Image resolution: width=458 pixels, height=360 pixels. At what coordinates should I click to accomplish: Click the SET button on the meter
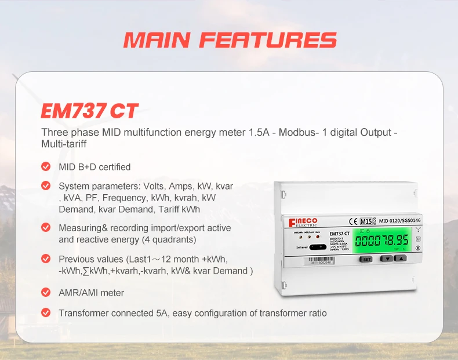tap(366, 259)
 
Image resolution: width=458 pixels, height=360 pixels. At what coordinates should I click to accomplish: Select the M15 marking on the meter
tap(366, 220)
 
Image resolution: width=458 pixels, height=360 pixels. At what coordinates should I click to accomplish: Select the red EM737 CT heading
tap(90, 111)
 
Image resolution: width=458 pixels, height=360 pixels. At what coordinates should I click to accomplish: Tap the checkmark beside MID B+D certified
tap(46, 167)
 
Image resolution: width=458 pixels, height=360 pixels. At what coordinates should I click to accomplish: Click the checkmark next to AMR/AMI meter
tap(46, 293)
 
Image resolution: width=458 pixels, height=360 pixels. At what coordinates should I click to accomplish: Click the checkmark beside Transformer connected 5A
tap(46, 313)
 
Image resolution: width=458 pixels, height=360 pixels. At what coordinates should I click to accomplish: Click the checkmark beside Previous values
tap(46, 259)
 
